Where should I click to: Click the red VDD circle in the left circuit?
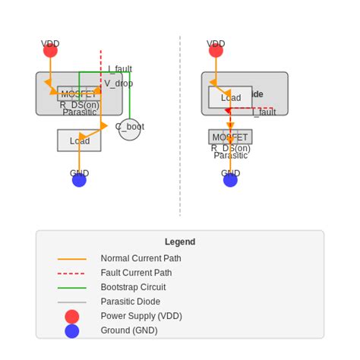[50, 51]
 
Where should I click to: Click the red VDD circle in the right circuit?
[216, 51]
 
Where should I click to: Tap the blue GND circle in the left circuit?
[79, 180]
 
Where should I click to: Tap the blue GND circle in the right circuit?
[230, 180]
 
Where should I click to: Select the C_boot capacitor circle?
[130, 129]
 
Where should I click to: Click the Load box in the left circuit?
[79, 141]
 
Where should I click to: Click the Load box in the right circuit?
[230, 97]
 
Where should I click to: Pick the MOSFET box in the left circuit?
[79, 94]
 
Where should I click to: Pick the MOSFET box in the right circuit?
[230, 137]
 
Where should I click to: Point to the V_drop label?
[118, 84]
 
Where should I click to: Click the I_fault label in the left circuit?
[119, 69]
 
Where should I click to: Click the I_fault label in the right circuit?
[264, 112]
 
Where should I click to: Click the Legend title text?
[180, 242]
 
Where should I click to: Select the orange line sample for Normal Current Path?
[72, 259]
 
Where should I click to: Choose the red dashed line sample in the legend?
[72, 273]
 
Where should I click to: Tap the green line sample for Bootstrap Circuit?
[72, 288]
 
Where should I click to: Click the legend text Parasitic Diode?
[130, 302]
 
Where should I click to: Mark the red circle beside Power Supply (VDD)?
[72, 317]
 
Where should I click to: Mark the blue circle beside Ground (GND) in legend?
[72, 331]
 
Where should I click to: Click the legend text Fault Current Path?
[136, 273]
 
